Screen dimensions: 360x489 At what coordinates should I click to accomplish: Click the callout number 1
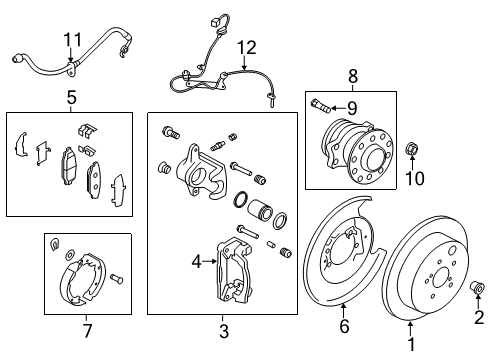point(410,326)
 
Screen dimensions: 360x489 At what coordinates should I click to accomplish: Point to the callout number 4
point(197,263)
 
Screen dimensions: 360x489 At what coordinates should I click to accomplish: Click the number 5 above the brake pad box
point(71,98)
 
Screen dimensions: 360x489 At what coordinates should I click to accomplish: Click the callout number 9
point(353,107)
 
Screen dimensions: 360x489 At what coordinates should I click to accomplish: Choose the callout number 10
point(414,179)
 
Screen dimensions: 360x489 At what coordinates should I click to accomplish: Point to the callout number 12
point(245,46)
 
